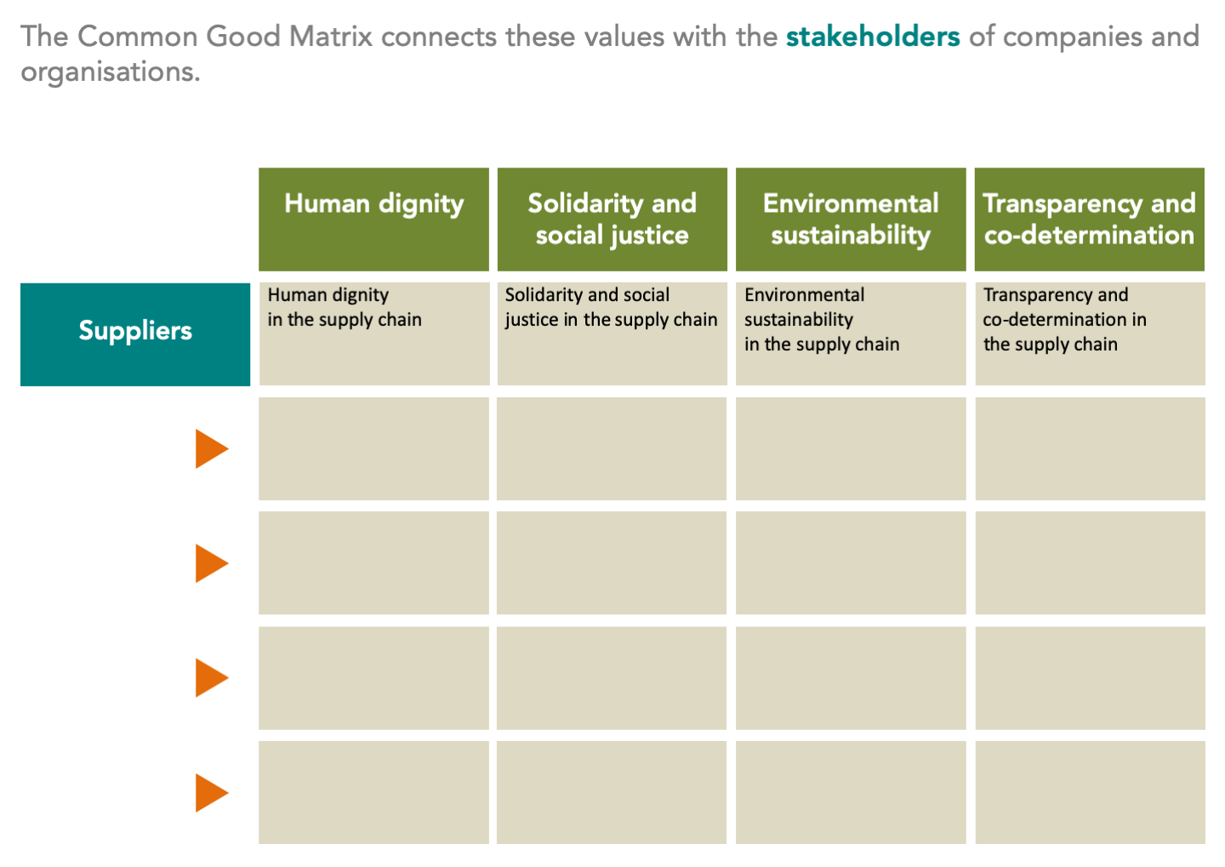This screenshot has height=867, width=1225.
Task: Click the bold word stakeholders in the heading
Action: tap(873, 37)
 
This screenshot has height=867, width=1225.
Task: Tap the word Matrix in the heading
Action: tap(330, 37)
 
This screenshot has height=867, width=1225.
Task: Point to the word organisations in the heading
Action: tap(111, 71)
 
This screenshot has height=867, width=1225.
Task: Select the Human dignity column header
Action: tap(374, 220)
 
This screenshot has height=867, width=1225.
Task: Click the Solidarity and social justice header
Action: tap(612, 220)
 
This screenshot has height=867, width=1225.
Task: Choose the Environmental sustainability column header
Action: tap(851, 220)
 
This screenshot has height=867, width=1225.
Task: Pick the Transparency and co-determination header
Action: tap(1090, 220)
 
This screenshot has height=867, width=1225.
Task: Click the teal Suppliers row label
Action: tap(135, 334)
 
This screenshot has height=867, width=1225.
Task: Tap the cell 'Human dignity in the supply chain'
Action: tap(374, 334)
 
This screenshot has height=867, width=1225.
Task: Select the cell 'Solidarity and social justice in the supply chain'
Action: tap(612, 334)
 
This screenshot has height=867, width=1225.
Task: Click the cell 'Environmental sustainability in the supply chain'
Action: tap(851, 334)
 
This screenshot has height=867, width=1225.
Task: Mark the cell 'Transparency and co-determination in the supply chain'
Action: tap(1090, 334)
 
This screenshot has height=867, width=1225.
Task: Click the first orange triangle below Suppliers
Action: tap(211, 448)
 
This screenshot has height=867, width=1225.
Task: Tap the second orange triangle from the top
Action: tap(211, 563)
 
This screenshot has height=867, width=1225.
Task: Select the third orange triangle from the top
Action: tap(211, 678)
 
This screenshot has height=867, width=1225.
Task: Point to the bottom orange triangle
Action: tap(211, 793)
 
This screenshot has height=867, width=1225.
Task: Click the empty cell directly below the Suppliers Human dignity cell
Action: tap(374, 448)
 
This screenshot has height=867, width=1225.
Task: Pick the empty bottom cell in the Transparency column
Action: tap(1090, 793)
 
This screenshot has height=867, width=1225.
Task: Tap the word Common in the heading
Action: tap(137, 37)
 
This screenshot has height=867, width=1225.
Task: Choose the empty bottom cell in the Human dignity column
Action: tap(374, 793)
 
